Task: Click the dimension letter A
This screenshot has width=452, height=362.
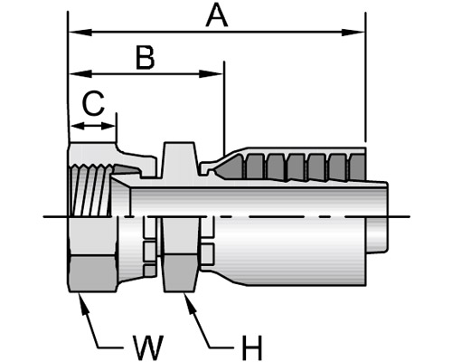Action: pyautogui.click(x=216, y=16)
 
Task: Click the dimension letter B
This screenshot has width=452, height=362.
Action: pyautogui.click(x=146, y=57)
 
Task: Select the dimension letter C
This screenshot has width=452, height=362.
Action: pyautogui.click(x=93, y=103)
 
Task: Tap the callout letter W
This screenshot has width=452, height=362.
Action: pyautogui.click(x=148, y=347)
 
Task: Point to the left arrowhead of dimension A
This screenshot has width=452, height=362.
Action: pyautogui.click(x=80, y=33)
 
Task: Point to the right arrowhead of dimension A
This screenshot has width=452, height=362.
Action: pyautogui.click(x=353, y=33)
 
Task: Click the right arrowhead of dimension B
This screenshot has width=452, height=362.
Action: pyautogui.click(x=211, y=73)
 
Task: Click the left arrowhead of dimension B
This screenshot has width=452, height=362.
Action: pyautogui.click(x=80, y=73)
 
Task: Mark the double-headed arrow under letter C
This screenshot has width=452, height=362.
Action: pyautogui.click(x=93, y=126)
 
